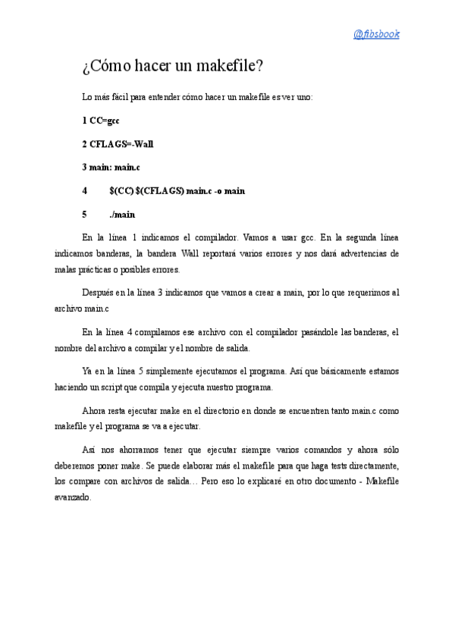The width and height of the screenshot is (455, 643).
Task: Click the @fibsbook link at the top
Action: pyautogui.click(x=376, y=34)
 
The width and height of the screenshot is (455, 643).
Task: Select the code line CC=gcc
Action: pyautogui.click(x=105, y=120)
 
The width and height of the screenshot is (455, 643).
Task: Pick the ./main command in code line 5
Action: pyautogui.click(x=121, y=215)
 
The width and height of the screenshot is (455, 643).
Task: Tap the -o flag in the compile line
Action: pyautogui.click(x=218, y=190)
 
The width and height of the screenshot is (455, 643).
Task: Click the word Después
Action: pyautogui.click(x=98, y=293)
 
